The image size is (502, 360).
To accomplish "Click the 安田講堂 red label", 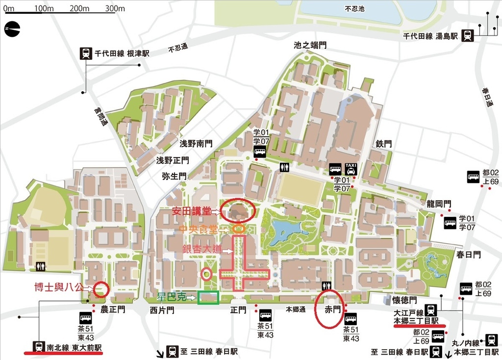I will (191, 211).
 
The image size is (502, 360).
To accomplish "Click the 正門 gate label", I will (239, 310).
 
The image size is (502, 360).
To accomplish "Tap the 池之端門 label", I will (310, 45).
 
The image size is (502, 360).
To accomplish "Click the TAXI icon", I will (351, 169).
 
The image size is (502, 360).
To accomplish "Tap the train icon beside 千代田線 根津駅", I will (86, 53).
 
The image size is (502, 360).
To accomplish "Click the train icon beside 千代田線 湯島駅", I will (468, 35).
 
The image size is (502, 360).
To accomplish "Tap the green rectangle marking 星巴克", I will (208, 297).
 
